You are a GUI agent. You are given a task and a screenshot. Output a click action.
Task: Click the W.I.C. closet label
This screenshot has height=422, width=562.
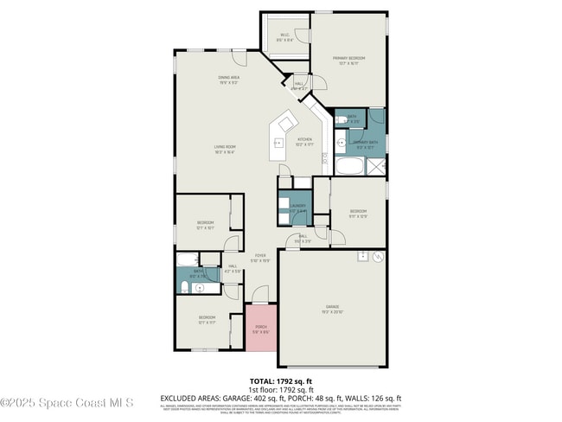(x=284, y=37)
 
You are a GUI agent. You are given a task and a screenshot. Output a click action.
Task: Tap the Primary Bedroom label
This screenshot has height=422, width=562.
(x=348, y=61)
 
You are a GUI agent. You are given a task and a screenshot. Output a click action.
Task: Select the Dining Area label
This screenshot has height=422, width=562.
(x=228, y=80)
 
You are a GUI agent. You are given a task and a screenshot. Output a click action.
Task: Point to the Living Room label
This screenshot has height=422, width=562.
(x=226, y=149)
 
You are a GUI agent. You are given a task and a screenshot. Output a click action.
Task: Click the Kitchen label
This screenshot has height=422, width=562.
(x=304, y=141)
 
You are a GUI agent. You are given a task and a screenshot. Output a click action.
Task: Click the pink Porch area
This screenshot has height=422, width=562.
(x=261, y=328)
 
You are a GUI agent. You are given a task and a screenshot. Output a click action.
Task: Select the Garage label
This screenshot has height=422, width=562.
(x=332, y=309)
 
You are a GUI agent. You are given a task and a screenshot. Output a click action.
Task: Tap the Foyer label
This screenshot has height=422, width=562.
(x=260, y=258)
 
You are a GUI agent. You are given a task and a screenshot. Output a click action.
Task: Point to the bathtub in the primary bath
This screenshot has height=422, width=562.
(x=351, y=166)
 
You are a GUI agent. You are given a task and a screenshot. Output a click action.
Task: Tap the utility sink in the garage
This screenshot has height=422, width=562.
(x=362, y=258)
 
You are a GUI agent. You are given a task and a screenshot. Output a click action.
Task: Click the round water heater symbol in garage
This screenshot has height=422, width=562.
(x=377, y=258)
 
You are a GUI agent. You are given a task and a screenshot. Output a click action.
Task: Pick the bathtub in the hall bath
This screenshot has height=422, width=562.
(x=187, y=259)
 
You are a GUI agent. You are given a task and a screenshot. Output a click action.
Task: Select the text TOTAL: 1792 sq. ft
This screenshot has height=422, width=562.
(x=280, y=380)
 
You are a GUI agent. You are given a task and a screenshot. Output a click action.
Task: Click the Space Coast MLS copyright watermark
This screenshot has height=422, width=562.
(x=67, y=402)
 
